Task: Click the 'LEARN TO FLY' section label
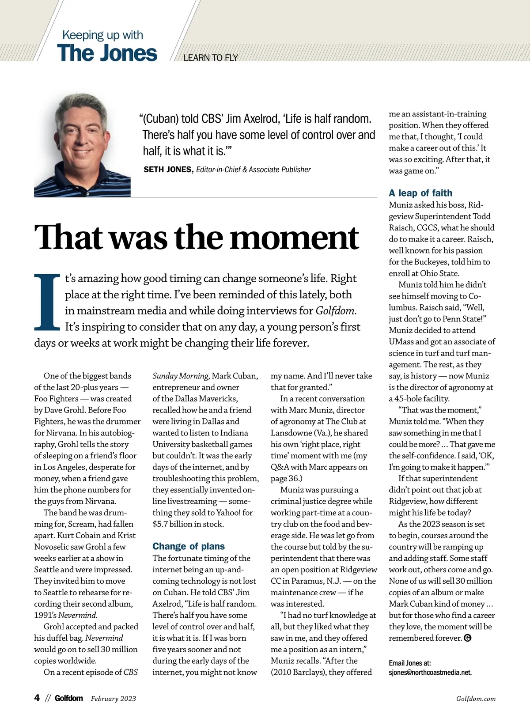click(210, 58)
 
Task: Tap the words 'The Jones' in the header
click(107, 53)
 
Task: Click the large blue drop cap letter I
click(47, 302)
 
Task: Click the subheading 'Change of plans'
click(189, 546)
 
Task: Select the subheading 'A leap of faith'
click(420, 193)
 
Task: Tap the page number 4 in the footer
click(37, 698)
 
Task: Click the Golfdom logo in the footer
click(69, 698)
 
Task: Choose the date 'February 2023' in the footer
click(114, 699)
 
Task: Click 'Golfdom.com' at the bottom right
click(476, 699)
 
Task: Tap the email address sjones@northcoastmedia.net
click(430, 673)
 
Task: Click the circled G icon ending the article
click(468, 638)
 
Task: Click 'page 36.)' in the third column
click(287, 478)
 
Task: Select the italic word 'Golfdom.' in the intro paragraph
click(336, 311)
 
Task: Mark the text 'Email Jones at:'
click(410, 663)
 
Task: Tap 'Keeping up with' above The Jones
click(102, 35)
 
